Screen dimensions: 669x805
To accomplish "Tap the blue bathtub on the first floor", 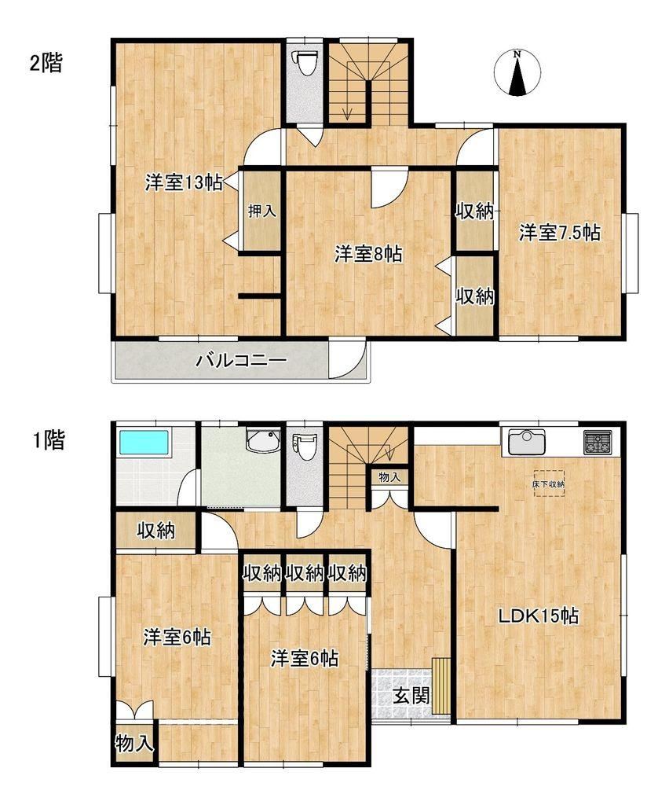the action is [144, 442].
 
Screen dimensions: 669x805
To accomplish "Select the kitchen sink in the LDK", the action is [527, 441].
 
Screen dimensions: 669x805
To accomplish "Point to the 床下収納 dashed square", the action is [549, 483].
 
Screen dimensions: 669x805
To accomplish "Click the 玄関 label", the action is [411, 697].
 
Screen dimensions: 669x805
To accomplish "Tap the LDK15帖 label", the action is [539, 615].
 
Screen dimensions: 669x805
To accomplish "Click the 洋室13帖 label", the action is [184, 182].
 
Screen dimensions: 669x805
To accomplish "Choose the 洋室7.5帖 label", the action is [559, 233].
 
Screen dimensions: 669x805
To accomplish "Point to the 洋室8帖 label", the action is [368, 254].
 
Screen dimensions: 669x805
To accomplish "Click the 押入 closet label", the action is [262, 211].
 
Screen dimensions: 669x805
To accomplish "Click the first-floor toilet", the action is [305, 447].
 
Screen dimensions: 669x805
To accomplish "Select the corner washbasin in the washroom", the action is [263, 441].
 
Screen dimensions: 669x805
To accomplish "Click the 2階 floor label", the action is [46, 63].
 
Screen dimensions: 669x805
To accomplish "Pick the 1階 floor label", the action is [48, 440].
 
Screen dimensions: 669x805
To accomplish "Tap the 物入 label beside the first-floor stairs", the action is [389, 477].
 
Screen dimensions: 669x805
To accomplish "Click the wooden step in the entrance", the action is [441, 686].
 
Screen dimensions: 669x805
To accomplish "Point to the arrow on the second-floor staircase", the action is [348, 104].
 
